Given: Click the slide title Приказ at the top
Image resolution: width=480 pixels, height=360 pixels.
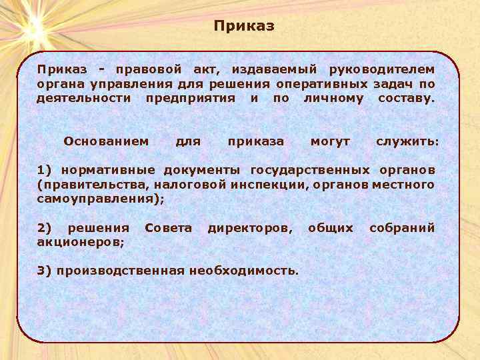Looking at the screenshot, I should tap(244, 27).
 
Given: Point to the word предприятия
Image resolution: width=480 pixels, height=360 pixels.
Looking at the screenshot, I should tap(191, 99).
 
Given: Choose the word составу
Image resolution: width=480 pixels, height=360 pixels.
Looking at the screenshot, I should tap(405, 99).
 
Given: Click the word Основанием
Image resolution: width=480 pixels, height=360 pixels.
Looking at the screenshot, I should tap(106, 141).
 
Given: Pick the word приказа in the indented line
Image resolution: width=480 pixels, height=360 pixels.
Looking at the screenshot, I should tap(256, 141).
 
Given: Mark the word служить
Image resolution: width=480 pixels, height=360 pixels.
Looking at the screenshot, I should tap(407, 141).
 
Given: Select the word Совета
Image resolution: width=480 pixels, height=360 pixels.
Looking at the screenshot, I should tap(169, 228).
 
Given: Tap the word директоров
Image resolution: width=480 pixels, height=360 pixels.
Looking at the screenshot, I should tap(249, 228).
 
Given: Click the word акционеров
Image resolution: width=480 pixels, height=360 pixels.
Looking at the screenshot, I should tap(80, 243).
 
